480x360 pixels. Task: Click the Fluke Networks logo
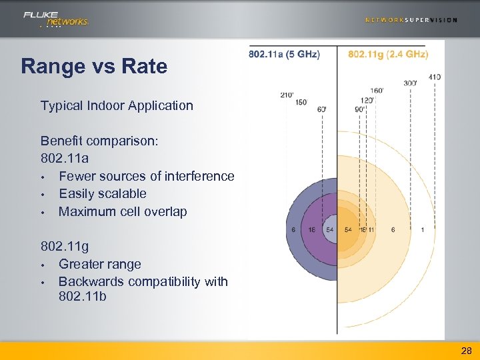(55, 19)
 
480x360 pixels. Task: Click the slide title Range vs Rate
(94, 67)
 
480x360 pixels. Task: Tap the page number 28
(466, 350)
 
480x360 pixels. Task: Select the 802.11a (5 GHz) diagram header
(284, 54)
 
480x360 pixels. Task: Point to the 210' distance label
(287, 95)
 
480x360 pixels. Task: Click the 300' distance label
(410, 83)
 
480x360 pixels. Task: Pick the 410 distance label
(434, 77)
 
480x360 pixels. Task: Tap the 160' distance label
(376, 90)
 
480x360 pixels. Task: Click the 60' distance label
(321, 109)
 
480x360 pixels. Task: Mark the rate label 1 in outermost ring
(423, 230)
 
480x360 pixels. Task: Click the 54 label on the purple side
(329, 230)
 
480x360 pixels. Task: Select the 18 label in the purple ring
(311, 230)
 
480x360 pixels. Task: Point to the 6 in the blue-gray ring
(294, 230)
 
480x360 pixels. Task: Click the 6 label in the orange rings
(393, 230)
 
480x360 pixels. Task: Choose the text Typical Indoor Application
(117, 105)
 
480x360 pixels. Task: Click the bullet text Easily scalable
(103, 193)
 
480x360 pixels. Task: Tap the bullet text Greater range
(100, 264)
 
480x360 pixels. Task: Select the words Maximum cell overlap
(123, 211)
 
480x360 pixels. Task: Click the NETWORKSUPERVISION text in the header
(411, 20)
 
